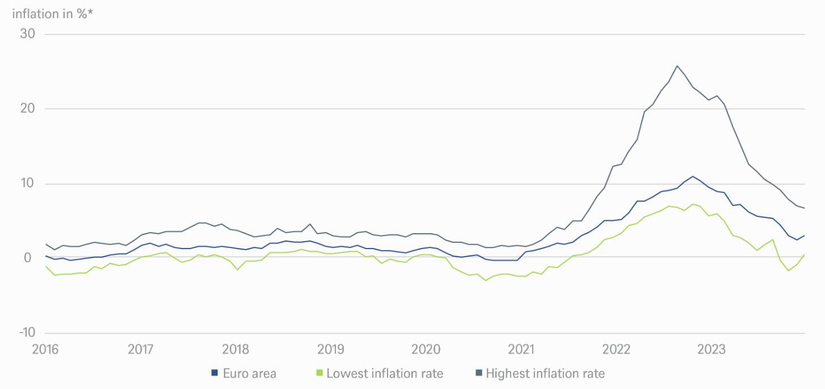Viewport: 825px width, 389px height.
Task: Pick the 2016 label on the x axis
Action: (x=45, y=349)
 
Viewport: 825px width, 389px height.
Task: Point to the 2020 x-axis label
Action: (x=426, y=349)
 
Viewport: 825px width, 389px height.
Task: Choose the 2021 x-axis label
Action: (x=521, y=349)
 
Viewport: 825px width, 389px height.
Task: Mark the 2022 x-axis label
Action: (x=616, y=349)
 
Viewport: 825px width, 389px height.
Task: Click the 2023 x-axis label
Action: (x=711, y=349)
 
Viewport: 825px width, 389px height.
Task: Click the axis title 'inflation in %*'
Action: (x=53, y=14)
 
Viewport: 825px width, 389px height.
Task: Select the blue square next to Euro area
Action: (x=214, y=373)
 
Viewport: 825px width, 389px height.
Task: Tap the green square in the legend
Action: (x=319, y=373)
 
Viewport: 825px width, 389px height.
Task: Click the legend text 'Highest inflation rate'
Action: (x=545, y=373)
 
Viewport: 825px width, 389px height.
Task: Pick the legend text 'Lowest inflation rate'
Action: (x=385, y=373)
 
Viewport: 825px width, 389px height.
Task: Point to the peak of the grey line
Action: (x=677, y=66)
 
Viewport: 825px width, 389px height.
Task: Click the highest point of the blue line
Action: (x=692, y=176)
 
